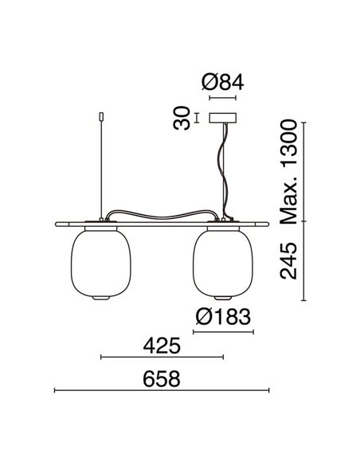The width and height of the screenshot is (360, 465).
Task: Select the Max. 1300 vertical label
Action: [x=288, y=171]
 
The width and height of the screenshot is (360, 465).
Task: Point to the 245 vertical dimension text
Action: [x=288, y=263]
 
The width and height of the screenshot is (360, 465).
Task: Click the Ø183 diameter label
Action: [x=223, y=316]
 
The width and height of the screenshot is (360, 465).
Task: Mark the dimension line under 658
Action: [x=161, y=391]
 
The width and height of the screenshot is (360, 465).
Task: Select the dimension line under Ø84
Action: [x=222, y=99]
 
